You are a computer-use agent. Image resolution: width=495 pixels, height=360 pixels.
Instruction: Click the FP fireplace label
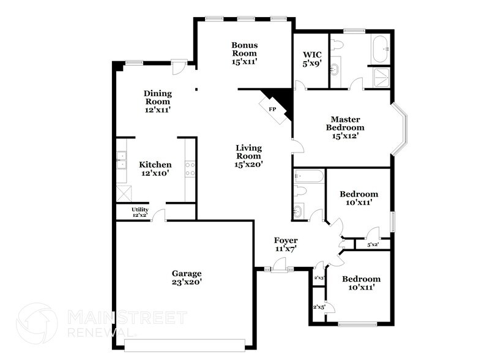273,108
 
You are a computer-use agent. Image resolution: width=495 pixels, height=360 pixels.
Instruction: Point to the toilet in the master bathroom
336,44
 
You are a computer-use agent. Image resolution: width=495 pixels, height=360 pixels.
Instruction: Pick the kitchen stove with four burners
190,168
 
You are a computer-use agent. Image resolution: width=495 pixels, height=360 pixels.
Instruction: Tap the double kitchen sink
121,160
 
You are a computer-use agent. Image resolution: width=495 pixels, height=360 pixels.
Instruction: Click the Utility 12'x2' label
140,212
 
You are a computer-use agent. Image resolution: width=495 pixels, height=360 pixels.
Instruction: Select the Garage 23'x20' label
186,277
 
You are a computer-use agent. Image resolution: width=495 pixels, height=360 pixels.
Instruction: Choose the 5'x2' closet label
373,245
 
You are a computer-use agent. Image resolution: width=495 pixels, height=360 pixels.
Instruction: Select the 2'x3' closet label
318,278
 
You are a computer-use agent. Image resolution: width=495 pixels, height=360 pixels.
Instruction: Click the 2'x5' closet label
318,306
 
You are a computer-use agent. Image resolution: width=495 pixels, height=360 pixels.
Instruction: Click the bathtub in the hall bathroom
308,177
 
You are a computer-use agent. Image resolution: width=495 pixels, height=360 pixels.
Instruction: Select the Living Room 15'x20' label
249,156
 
